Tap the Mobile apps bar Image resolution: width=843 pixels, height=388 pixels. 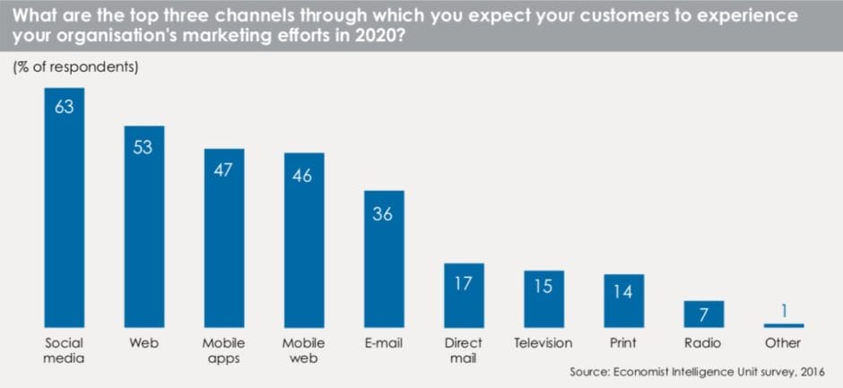224,237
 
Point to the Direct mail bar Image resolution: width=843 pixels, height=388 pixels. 464,295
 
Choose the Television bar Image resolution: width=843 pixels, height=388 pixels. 543,298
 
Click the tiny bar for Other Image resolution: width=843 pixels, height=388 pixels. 784,325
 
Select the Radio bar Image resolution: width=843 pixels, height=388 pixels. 703,314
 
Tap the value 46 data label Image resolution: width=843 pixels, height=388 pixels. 303,176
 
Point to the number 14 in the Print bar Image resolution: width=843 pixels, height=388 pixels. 623,291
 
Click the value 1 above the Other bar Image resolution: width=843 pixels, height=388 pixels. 784,311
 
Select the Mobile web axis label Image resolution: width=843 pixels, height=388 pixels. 303,350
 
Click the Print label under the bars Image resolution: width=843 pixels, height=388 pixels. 623,343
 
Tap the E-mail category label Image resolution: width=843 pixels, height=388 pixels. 384,343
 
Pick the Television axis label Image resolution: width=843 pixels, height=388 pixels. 543,343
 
